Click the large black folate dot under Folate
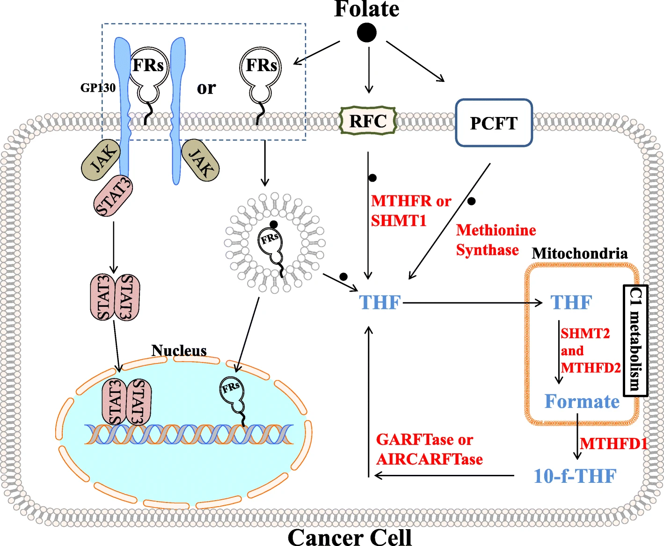pos(366,33)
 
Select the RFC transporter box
pos(368,121)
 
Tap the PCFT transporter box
pos(494,123)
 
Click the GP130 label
pos(98,87)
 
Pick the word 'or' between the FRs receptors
pos(206,88)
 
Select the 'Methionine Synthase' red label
pos(496,240)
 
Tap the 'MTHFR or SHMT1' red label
pos(410,211)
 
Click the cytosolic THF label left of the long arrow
pos(379,303)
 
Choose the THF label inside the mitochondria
pos(571,303)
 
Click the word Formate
pos(582,401)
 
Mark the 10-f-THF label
pos(575,476)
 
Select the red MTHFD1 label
pos(613,443)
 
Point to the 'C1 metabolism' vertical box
pos(635,340)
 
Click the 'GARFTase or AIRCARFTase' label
pos(429,450)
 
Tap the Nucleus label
pos(179,350)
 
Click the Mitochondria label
pos(579,253)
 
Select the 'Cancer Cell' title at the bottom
pos(350,537)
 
